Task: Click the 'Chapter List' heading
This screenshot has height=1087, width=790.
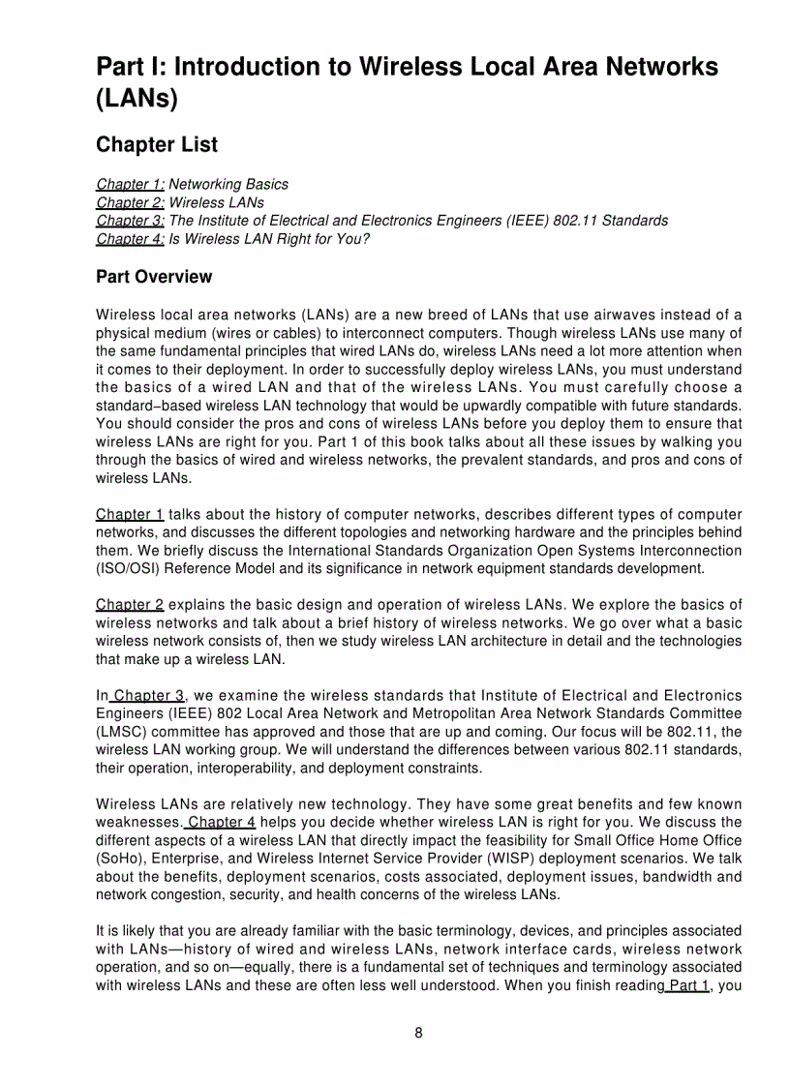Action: click(x=157, y=145)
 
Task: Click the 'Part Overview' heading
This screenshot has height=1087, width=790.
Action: click(x=154, y=277)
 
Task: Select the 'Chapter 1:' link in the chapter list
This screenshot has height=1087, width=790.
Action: click(x=131, y=184)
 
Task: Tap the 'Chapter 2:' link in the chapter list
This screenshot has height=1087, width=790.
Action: click(x=131, y=202)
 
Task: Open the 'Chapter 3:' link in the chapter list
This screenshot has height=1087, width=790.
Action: click(x=131, y=221)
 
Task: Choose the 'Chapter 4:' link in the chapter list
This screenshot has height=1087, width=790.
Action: click(x=131, y=239)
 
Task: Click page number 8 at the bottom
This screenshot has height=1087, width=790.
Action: click(x=418, y=1033)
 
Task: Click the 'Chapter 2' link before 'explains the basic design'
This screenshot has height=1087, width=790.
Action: click(x=130, y=605)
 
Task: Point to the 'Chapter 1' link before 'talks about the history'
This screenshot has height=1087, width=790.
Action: click(x=130, y=514)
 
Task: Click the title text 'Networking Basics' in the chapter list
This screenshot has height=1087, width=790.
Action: click(x=228, y=184)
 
